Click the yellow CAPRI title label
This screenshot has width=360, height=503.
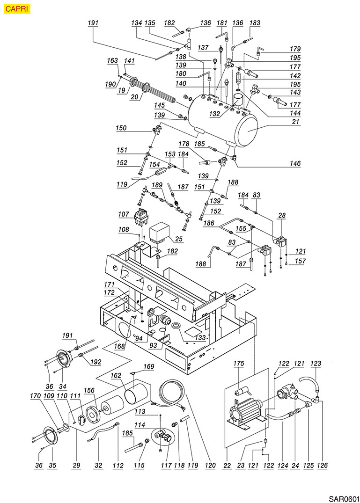pos(17,8)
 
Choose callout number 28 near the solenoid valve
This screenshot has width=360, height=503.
pos(295,215)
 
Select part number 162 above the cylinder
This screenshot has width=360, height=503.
pos(116,375)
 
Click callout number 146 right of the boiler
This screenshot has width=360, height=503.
pos(294,164)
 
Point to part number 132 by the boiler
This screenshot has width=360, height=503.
pos(215,114)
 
